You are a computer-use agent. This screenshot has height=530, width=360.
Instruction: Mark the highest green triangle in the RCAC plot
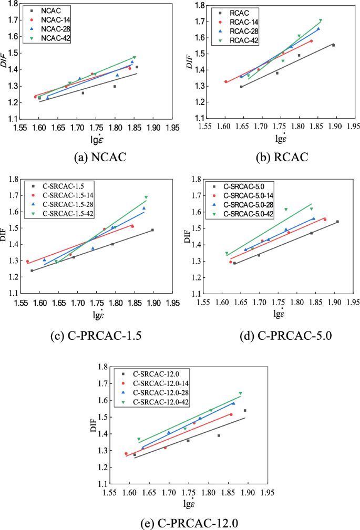[321, 20]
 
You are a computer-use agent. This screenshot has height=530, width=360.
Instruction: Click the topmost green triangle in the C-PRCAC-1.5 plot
[146, 198]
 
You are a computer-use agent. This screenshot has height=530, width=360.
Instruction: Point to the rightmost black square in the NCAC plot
[137, 67]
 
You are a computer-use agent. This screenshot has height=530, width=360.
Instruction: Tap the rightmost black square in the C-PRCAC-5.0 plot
[337, 221]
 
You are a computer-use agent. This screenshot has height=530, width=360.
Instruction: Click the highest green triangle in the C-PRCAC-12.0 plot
[240, 393]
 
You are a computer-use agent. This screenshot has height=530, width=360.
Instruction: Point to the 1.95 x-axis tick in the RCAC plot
[354, 126]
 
